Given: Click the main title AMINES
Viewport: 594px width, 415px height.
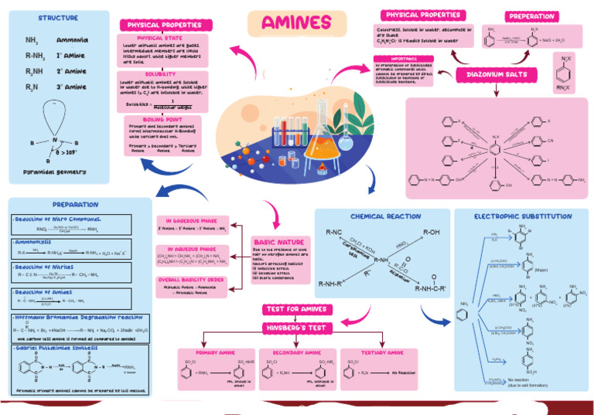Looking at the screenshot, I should (296, 23).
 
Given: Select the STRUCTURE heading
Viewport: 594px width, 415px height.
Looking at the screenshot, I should (58, 18).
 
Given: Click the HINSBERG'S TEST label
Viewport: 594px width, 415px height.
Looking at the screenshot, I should (299, 328).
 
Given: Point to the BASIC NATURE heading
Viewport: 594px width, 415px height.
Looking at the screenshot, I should (279, 242).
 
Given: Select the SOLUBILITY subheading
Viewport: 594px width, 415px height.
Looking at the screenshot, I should (160, 74).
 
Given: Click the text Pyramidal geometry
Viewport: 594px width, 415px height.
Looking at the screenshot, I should (54, 172).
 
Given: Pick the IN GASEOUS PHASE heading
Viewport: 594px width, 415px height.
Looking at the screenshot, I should (192, 219).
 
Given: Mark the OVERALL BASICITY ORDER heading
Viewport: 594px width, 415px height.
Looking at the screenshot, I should (192, 279).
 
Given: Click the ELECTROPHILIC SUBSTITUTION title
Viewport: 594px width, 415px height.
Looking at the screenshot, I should (523, 216).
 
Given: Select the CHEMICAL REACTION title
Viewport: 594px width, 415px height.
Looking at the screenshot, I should (385, 216).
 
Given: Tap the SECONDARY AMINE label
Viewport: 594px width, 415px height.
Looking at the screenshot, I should (292, 352).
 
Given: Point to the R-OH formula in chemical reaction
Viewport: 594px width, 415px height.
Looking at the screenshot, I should (430, 232).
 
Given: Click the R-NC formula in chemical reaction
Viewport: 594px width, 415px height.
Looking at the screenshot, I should (334, 232).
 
